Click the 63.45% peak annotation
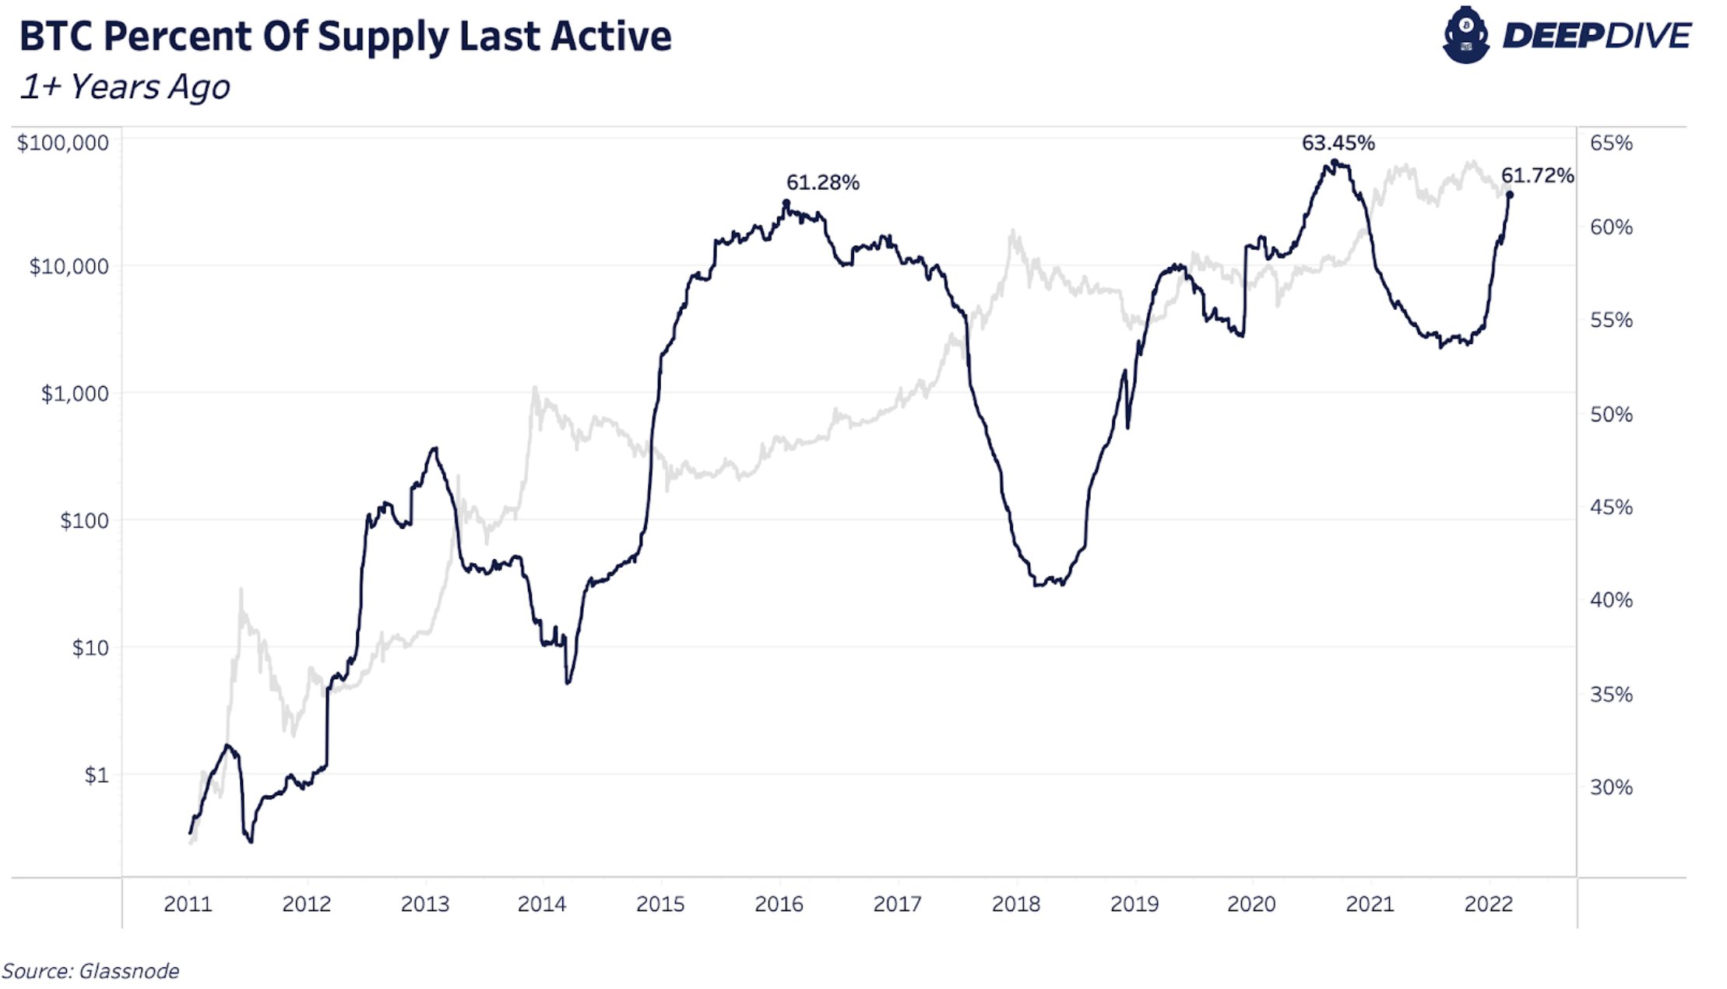coord(1338,143)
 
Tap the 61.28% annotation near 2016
coord(822,183)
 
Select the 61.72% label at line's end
coord(1537,176)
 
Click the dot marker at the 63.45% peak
coord(1335,164)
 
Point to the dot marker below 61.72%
coord(1510,195)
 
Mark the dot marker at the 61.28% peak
coord(786,203)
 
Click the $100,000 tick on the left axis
coord(62,143)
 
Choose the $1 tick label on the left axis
coord(96,776)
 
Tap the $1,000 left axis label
coord(75,394)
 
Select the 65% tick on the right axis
coord(1611,143)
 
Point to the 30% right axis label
coord(1611,787)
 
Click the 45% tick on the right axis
coord(1611,508)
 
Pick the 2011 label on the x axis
coord(188,904)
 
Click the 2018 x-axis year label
coord(1015,904)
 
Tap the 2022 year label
coord(1488,904)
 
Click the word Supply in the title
coord(383,37)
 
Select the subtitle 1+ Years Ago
coord(125,87)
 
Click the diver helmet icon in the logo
coord(1465,35)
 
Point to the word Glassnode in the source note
coord(128,971)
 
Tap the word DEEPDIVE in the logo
coord(1595,36)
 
